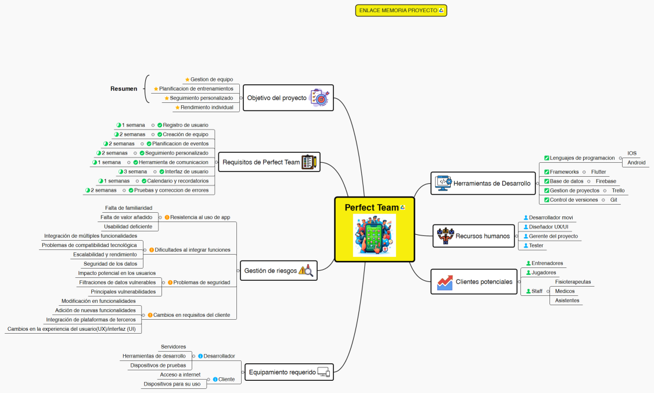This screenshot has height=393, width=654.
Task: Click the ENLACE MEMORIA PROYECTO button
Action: (401, 10)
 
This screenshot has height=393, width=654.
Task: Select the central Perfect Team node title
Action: (372, 208)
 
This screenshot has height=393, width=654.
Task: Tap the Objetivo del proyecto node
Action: (276, 98)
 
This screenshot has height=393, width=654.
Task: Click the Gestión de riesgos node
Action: (270, 270)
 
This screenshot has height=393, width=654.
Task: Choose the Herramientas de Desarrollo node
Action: (491, 183)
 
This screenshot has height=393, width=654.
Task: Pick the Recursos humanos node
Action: (482, 236)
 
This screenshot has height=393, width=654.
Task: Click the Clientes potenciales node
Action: (484, 282)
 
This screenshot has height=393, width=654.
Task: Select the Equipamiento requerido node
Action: (282, 372)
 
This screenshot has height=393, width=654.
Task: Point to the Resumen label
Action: (124, 89)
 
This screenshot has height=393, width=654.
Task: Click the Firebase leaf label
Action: (606, 181)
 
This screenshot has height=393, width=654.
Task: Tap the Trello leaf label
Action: (618, 191)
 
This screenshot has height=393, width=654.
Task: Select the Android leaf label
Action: (636, 163)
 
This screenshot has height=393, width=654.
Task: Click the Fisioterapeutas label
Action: (573, 282)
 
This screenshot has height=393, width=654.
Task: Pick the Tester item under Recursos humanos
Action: (536, 245)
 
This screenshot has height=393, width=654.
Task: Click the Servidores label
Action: (173, 347)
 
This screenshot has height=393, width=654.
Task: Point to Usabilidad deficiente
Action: (128, 226)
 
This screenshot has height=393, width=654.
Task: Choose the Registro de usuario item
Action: (185, 125)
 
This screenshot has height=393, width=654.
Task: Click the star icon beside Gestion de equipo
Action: (187, 80)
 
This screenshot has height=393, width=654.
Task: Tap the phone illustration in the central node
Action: (374, 235)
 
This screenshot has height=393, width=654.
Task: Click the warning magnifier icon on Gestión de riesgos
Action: (306, 270)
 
